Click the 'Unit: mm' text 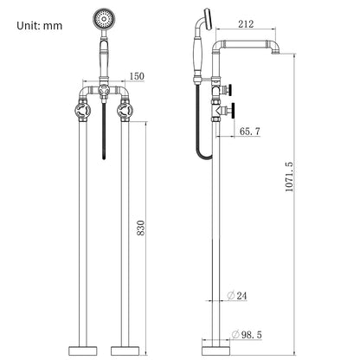[40, 26]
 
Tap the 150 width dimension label [137, 76]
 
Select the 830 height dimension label [141, 228]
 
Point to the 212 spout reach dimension [246, 24]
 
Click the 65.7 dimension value [250, 132]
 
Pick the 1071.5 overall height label [289, 177]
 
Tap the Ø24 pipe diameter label [237, 296]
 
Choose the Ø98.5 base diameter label [247, 335]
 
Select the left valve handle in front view [83, 111]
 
